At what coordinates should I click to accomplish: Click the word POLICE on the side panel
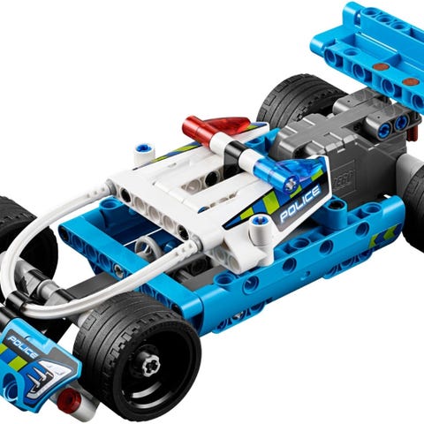pyautogui.click(x=299, y=203)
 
